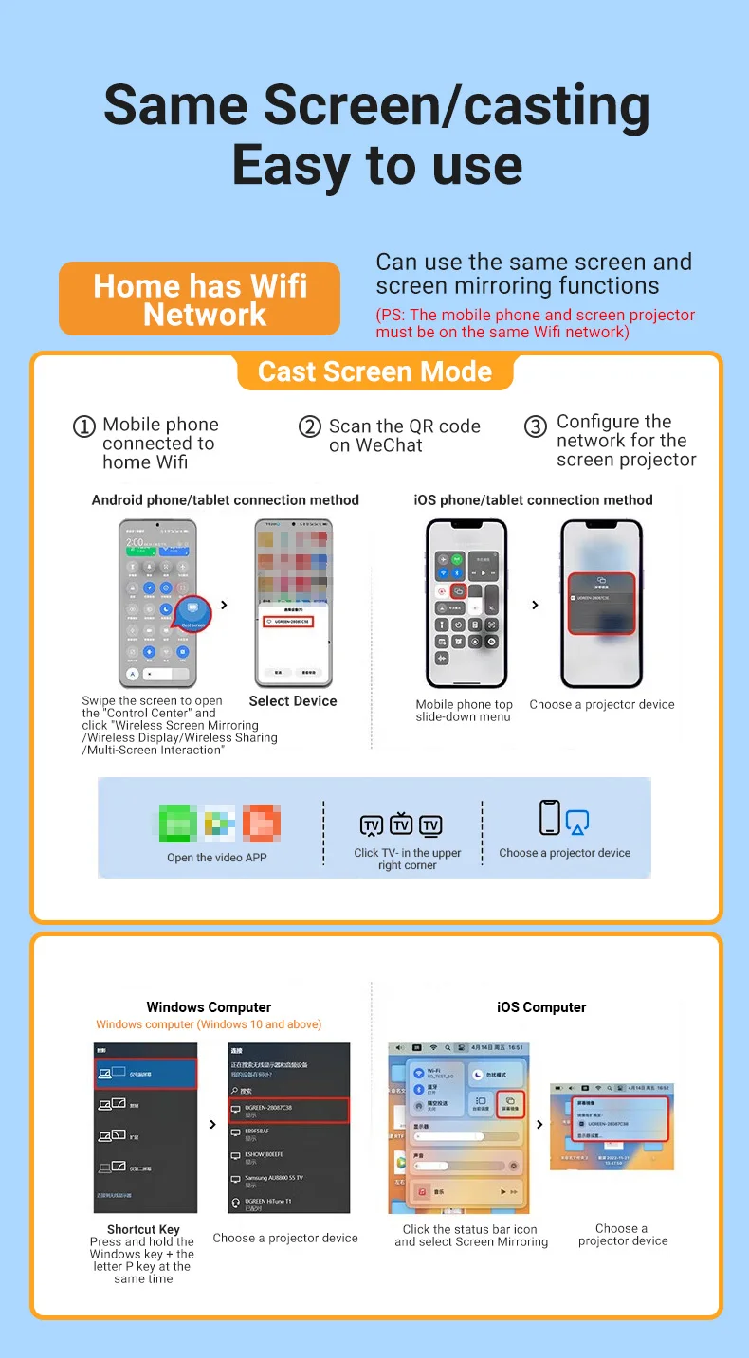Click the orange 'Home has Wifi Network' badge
tap(199, 299)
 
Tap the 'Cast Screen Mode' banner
tap(374, 371)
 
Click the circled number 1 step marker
tap(84, 427)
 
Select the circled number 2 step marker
tap(310, 427)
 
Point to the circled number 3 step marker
tap(536, 427)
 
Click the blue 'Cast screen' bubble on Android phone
tap(193, 614)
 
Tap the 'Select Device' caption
tap(293, 701)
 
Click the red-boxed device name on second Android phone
tap(293, 622)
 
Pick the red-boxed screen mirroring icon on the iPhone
tap(458, 590)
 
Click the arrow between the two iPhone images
tap(536, 605)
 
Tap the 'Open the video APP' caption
tap(217, 858)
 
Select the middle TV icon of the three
tap(400, 822)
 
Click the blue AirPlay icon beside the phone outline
tap(577, 823)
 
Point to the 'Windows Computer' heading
tap(209, 1007)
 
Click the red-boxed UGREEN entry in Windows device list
tap(289, 1110)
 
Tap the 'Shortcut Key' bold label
tap(143, 1229)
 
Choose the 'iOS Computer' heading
tap(541, 1007)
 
